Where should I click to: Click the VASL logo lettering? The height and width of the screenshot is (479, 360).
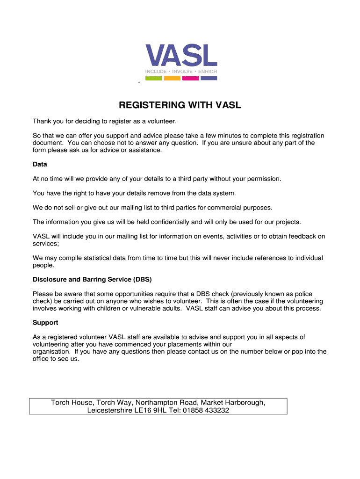pyautogui.click(x=181, y=55)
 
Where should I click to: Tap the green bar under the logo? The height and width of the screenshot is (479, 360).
pyautogui.click(x=153, y=78)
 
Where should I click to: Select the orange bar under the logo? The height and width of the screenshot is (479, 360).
pyautogui.click(x=172, y=78)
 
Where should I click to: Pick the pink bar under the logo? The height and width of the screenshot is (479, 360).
pyautogui.click(x=190, y=78)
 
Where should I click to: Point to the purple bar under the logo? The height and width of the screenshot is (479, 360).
pyautogui.click(x=209, y=78)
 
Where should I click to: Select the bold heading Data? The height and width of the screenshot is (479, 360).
pyautogui.click(x=40, y=165)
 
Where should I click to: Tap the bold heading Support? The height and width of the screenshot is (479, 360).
pyautogui.click(x=45, y=323)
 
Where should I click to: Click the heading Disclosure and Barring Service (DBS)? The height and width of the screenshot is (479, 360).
pyautogui.click(x=92, y=280)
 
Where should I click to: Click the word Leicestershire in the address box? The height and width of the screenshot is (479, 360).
pyautogui.click(x=110, y=411)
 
